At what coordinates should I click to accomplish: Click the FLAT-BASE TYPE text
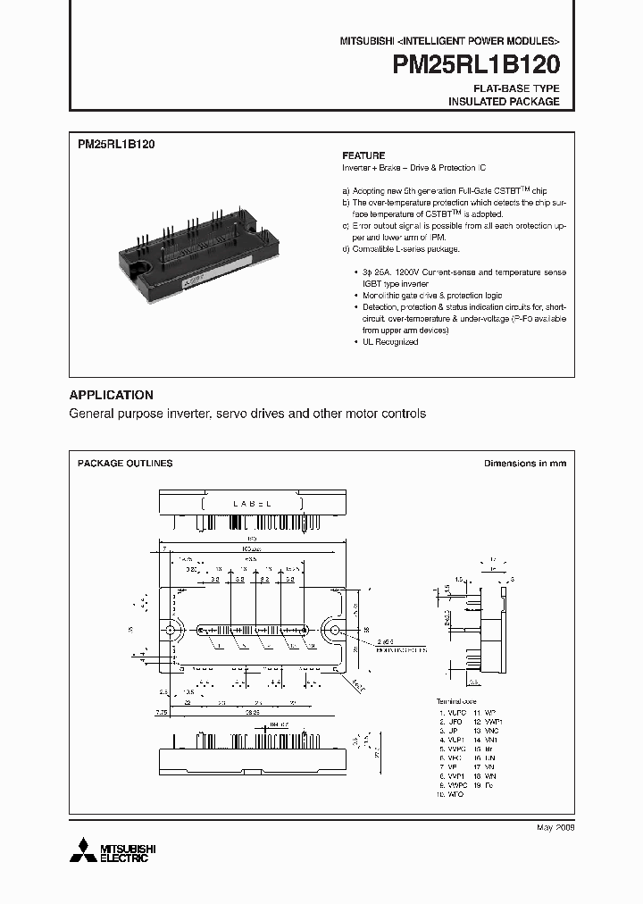tap(517, 88)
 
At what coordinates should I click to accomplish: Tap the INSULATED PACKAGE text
tap(504, 102)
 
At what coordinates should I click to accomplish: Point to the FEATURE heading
tap(363, 155)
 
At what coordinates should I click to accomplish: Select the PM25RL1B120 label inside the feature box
tap(117, 144)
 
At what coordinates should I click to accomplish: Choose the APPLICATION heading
tap(112, 395)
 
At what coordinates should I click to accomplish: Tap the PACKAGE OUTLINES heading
tap(125, 464)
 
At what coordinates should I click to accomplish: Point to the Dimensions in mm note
tap(524, 464)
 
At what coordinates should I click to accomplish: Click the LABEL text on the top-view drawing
tap(252, 505)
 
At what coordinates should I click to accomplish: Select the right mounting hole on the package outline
tap(336, 631)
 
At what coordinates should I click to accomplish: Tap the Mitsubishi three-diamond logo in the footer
tap(86, 849)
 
